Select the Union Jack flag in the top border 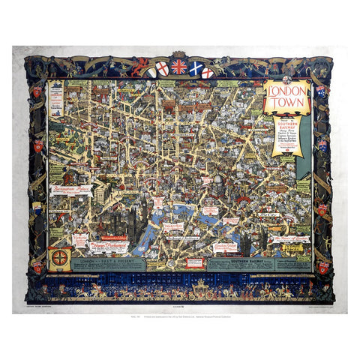[x=178, y=66]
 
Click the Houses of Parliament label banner [x=109, y=245]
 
